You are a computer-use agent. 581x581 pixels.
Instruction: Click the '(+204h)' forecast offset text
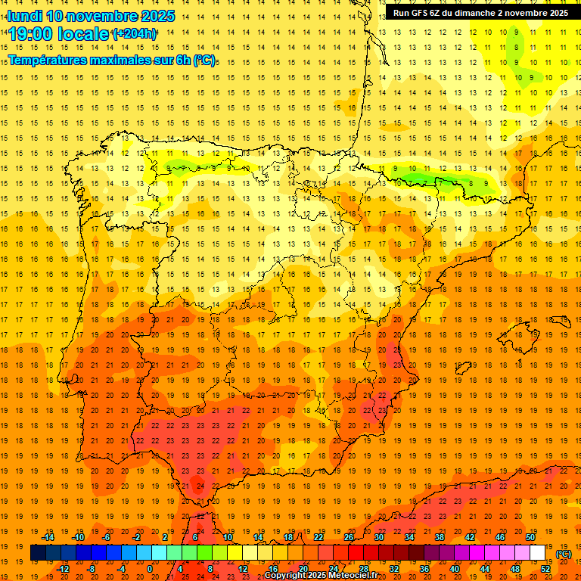tap(135, 34)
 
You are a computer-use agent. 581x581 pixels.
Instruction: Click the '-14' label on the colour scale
tap(48, 537)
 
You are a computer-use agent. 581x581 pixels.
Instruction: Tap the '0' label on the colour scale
tap(150, 569)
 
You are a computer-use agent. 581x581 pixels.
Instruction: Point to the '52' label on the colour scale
tap(545, 569)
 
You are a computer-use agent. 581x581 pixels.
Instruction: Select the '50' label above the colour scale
tap(530, 537)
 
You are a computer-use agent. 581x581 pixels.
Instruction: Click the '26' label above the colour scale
tap(349, 537)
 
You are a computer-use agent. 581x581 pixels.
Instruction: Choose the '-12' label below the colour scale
tap(63, 569)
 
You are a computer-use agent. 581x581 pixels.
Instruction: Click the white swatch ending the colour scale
tap(537, 553)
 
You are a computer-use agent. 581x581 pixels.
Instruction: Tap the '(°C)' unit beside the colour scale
tap(564, 554)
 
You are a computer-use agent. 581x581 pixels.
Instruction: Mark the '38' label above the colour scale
tap(440, 537)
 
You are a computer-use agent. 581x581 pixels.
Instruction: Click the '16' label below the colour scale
tap(273, 569)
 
